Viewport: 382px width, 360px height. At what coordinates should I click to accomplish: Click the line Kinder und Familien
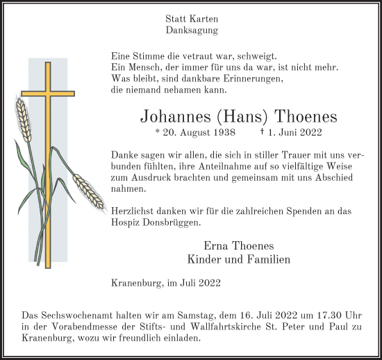point(239,259)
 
